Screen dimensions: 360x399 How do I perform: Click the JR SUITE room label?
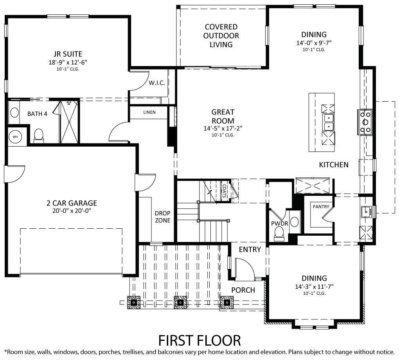(68, 54)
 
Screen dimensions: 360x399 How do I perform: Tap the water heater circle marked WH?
(15, 136)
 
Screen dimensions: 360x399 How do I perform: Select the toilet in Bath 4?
(39, 135)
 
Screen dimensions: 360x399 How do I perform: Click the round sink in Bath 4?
(14, 113)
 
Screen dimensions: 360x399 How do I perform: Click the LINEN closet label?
(149, 113)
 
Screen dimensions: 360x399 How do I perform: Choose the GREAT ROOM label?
(223, 116)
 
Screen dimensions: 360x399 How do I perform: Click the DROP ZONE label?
(162, 217)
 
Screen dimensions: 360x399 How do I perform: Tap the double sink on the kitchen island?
(328, 122)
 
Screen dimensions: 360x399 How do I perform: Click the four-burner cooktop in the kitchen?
(365, 122)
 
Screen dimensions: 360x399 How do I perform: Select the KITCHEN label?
(333, 165)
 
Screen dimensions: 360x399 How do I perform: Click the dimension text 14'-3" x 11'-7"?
(314, 286)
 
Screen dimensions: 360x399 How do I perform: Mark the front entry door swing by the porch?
(244, 269)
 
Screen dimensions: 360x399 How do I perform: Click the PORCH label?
(243, 290)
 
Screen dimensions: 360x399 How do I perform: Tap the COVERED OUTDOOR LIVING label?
(221, 36)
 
